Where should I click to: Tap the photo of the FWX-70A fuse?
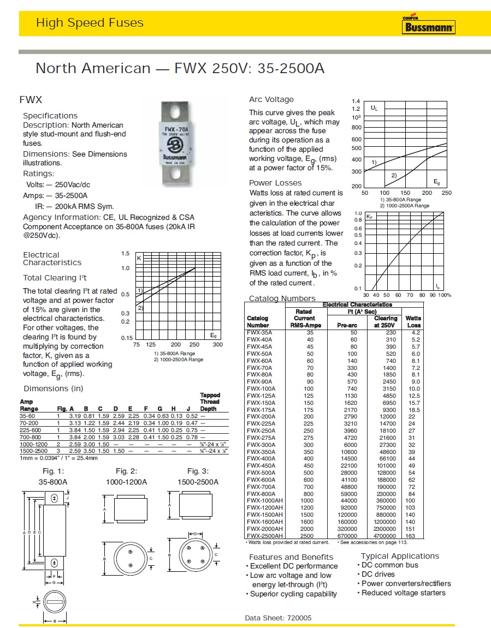177,141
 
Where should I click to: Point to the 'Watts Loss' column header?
413,321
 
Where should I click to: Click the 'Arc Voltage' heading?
271,99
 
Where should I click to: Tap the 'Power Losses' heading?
275,183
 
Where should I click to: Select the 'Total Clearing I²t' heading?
55,278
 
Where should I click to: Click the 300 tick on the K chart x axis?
217,344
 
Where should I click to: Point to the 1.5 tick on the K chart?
125,254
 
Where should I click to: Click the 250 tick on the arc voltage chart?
447,193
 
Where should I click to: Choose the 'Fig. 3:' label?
198,471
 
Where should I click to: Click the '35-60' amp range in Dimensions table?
28,415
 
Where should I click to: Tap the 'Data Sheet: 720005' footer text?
279,618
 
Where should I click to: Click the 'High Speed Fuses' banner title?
90,23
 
